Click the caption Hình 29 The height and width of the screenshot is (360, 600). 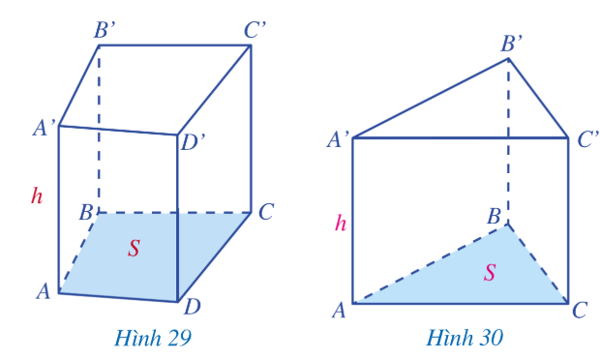(153, 338)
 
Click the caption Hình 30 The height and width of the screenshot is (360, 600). (465, 338)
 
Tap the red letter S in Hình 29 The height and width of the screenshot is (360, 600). (134, 248)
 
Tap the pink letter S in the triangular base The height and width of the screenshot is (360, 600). (490, 273)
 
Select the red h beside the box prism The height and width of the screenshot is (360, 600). (37, 195)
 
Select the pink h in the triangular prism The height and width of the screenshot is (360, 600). (341, 223)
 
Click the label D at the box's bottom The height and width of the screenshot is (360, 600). (192, 307)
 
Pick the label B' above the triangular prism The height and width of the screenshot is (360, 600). (512, 44)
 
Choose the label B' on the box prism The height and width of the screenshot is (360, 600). (105, 30)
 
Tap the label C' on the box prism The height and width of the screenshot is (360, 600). (255, 30)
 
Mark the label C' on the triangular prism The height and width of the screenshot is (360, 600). (587, 139)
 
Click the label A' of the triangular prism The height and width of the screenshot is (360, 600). (339, 139)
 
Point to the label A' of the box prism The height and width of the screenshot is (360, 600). (45, 128)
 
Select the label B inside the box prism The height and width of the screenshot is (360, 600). (86, 212)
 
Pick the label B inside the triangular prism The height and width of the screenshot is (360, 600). (494, 217)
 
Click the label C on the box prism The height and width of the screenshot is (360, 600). (266, 212)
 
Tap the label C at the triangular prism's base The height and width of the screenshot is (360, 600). (580, 310)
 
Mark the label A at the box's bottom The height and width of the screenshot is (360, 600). (44, 291)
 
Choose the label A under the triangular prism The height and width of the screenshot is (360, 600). (339, 311)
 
